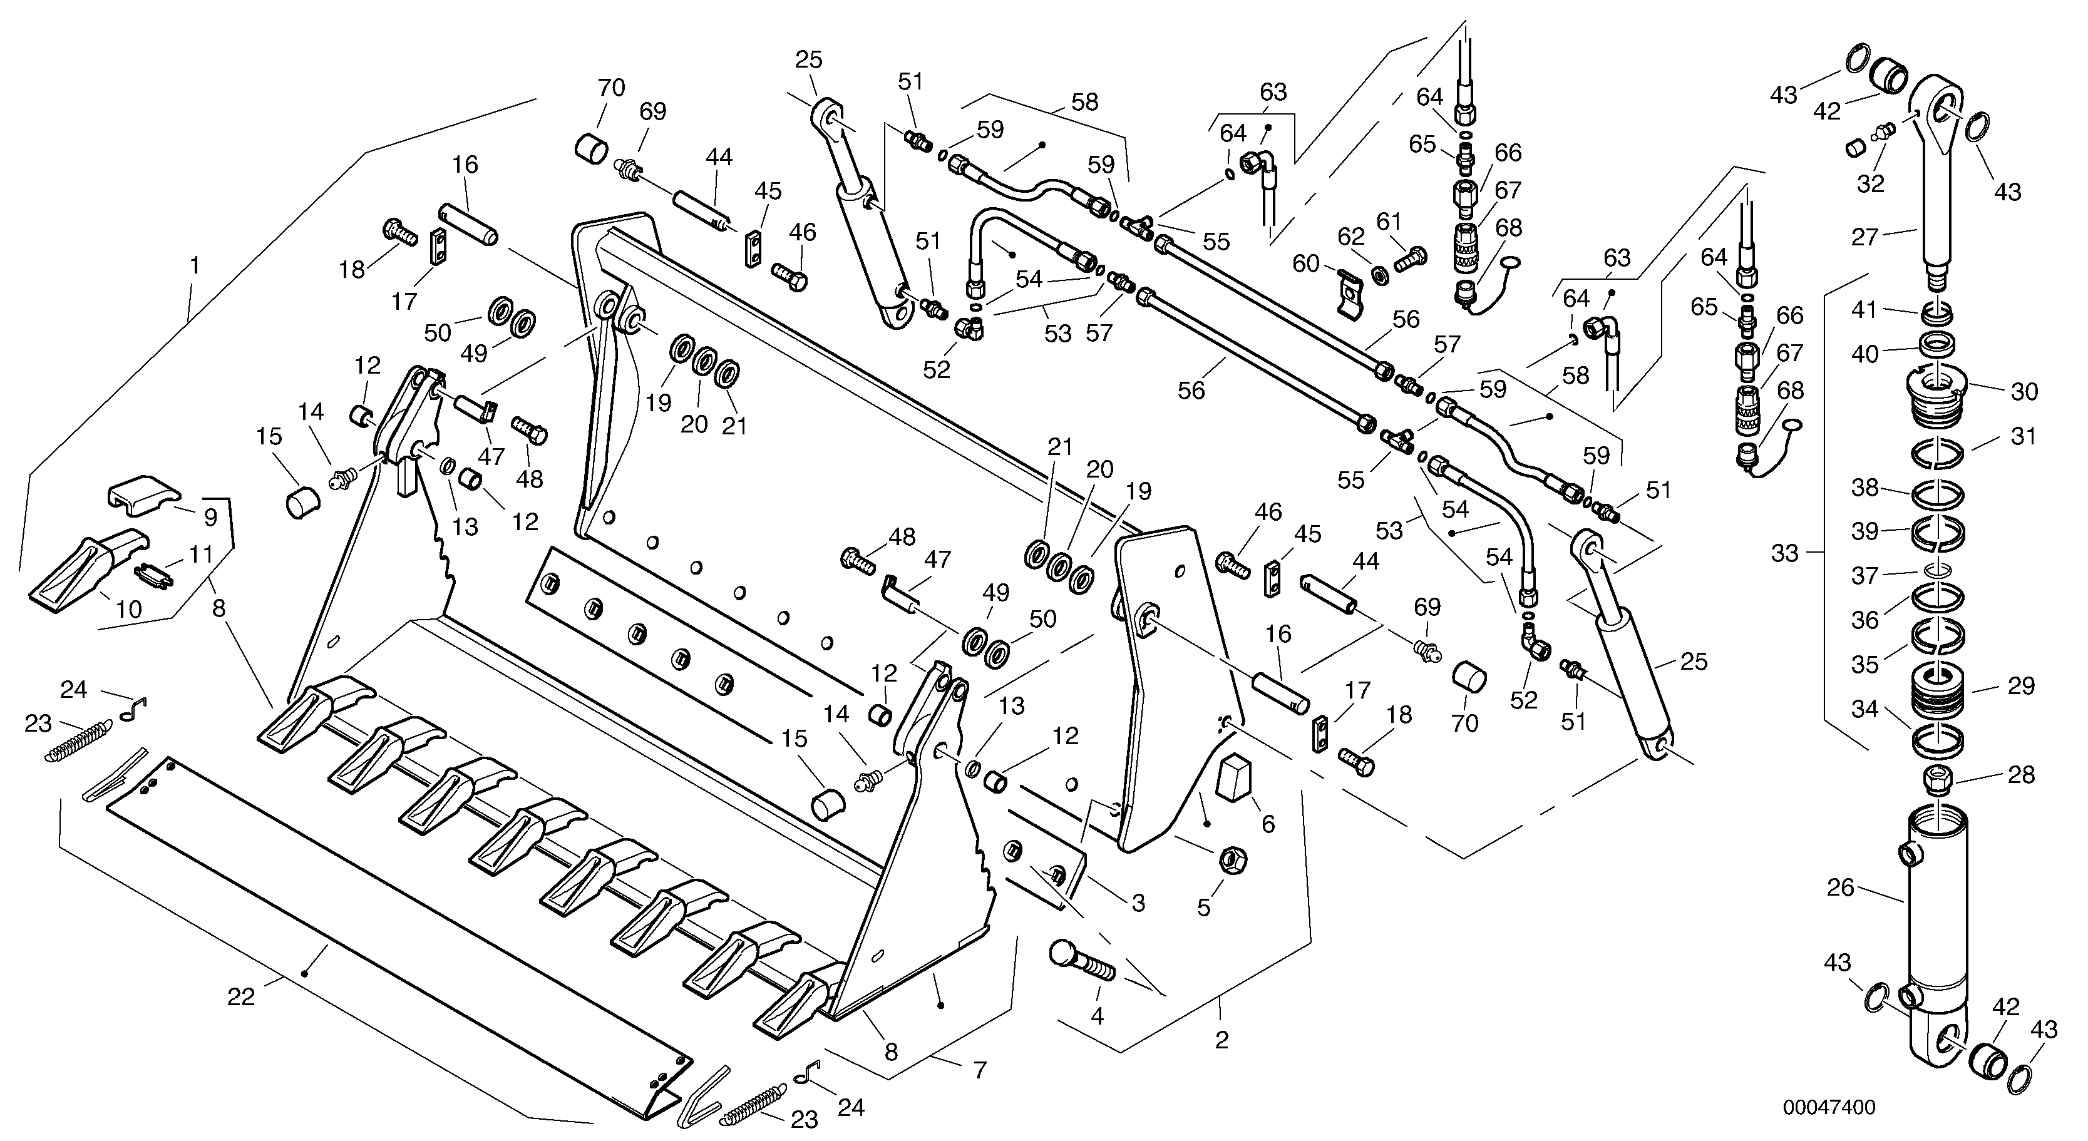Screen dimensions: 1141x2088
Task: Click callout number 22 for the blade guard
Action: click(x=241, y=998)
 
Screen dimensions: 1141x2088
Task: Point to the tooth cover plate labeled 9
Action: click(x=144, y=494)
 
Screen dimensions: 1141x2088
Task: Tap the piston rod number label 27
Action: click(x=1864, y=237)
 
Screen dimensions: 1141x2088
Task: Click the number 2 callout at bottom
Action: click(x=1221, y=1040)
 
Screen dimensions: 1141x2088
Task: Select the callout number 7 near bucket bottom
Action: click(x=980, y=1070)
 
